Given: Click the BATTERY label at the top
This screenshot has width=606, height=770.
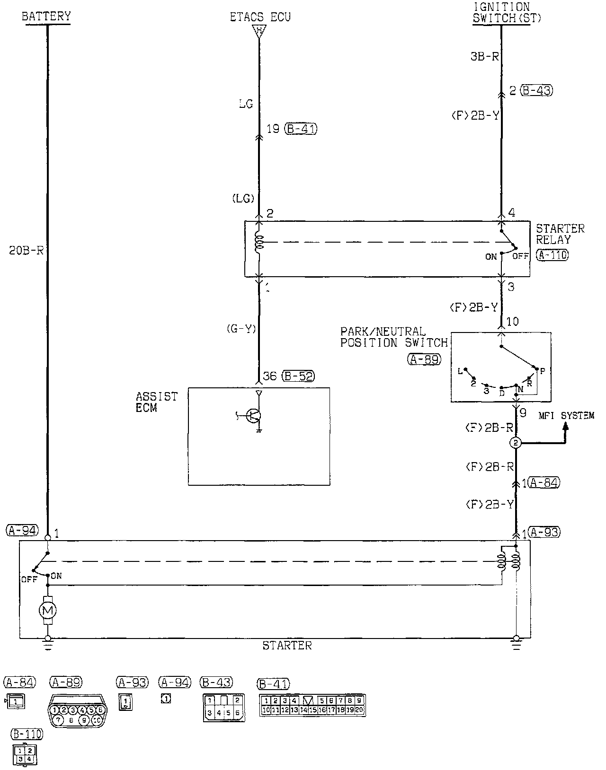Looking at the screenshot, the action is [x=46, y=16].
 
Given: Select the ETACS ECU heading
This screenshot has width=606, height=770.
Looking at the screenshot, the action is [x=260, y=17].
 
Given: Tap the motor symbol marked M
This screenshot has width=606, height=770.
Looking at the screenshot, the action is [x=48, y=611].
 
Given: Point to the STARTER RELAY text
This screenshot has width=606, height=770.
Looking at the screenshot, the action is [x=560, y=234].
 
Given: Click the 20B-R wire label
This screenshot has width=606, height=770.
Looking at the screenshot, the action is [x=27, y=250].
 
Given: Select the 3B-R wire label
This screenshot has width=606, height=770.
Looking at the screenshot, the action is [x=485, y=56].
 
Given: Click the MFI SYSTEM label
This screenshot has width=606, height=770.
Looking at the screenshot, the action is [x=566, y=416].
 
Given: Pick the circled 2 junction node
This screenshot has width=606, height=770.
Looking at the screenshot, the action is [x=516, y=443].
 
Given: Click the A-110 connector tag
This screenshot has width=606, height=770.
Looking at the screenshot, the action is [x=553, y=255].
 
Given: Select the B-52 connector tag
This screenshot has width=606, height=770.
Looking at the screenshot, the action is [x=298, y=376].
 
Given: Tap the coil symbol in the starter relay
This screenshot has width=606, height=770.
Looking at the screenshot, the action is [x=258, y=242].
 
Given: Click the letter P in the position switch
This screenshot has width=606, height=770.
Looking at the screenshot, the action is [x=543, y=372].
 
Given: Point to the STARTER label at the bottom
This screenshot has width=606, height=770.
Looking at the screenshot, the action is [x=287, y=646].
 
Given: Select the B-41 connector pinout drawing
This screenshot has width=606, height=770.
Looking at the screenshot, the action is [x=312, y=705].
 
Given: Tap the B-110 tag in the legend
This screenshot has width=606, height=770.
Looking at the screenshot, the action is [x=27, y=734].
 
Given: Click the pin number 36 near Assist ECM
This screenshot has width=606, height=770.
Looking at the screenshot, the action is [x=269, y=376].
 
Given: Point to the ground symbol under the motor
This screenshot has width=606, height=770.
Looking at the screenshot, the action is [x=47, y=641].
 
